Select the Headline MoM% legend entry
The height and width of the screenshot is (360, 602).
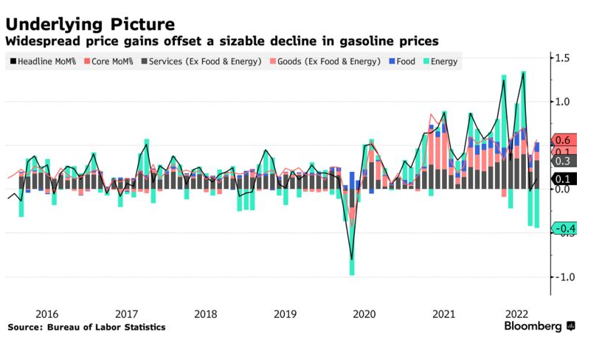click(45, 61)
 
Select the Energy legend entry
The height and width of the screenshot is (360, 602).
click(440, 61)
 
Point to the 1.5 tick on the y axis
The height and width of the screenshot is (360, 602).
click(564, 58)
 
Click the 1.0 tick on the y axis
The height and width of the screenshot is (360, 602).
click(564, 102)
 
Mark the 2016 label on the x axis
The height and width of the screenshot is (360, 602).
click(46, 314)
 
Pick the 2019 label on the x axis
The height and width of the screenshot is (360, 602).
click(285, 314)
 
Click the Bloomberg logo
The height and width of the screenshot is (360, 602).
click(539, 326)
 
